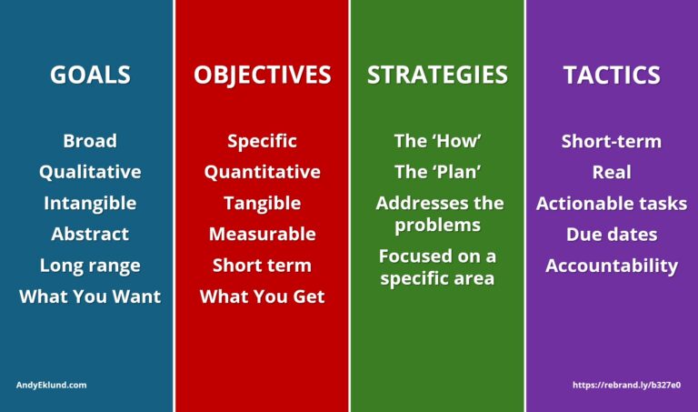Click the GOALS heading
(x=90, y=75)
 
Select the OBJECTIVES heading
(x=262, y=75)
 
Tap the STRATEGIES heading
(x=437, y=75)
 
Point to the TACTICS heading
(x=611, y=75)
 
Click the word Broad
(x=90, y=141)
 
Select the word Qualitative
(x=90, y=172)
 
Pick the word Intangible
(x=90, y=203)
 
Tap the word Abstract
(x=90, y=234)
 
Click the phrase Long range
(x=90, y=266)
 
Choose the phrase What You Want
(x=90, y=296)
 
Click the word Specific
(x=262, y=141)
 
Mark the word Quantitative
(x=262, y=172)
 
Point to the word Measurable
(x=262, y=234)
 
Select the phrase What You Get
(x=262, y=296)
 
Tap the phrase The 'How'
(x=437, y=141)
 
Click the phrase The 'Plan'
(x=437, y=172)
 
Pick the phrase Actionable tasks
(x=611, y=204)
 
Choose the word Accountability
(x=611, y=266)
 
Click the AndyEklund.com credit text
(x=52, y=385)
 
